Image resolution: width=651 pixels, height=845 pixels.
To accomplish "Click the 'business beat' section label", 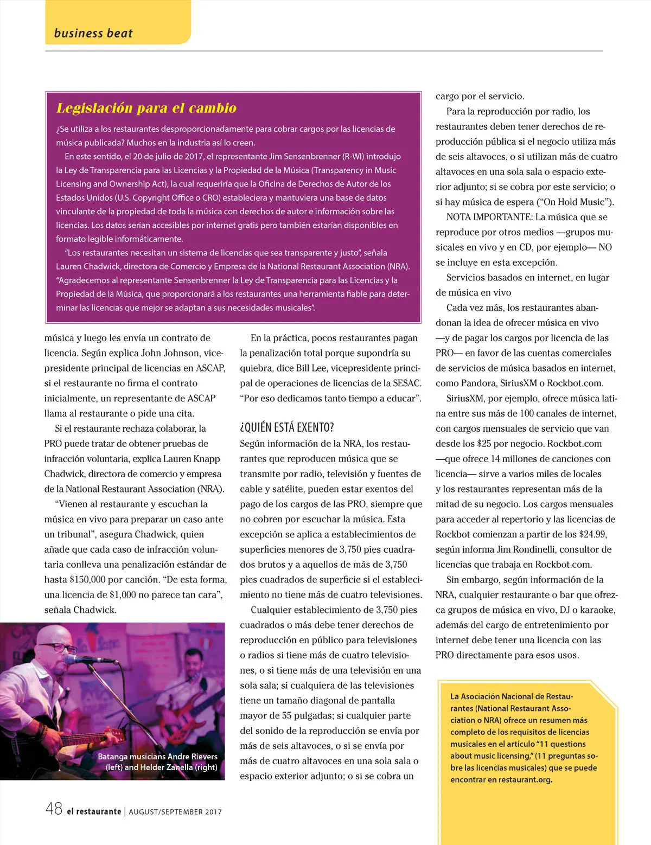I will click(93, 33).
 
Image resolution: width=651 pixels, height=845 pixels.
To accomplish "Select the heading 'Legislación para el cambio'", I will click(146, 108).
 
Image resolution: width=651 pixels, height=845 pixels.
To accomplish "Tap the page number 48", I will click(54, 809).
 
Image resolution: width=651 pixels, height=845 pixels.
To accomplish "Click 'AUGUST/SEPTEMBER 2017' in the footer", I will click(175, 812).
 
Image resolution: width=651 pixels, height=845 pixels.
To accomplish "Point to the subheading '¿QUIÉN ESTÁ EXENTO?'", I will click(287, 427).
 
